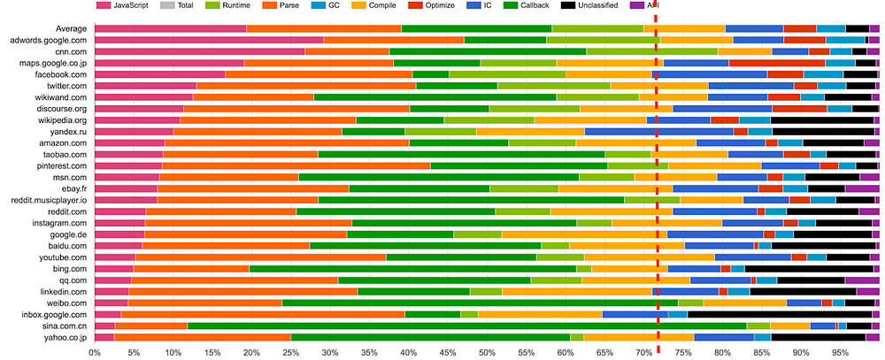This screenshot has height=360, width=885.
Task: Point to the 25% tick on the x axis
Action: (290, 354)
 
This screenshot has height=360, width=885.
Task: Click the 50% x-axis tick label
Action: (487, 354)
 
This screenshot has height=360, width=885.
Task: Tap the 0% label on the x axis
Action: (95, 354)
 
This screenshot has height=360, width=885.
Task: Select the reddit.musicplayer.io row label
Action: (48, 200)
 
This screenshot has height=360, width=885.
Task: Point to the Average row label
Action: (71, 29)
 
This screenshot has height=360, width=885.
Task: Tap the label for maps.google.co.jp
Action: (51, 63)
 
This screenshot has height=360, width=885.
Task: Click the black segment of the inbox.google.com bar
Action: (780, 314)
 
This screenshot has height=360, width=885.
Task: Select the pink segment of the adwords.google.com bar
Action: (210, 40)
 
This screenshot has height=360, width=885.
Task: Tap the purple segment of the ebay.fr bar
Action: (862, 189)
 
